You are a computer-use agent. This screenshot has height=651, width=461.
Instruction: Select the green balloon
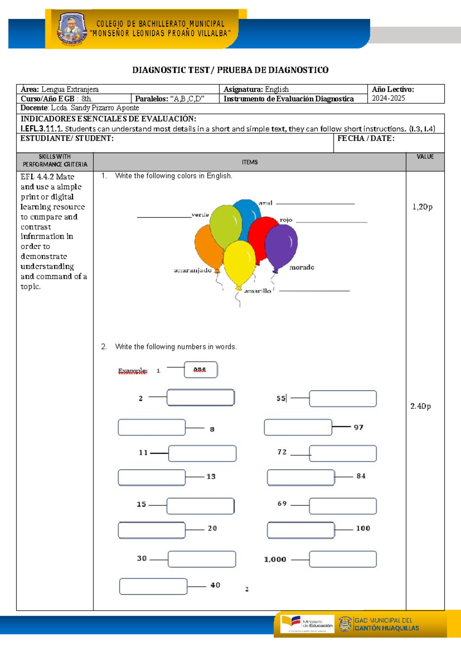226,226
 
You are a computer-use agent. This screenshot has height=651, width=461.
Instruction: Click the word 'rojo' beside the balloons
286,220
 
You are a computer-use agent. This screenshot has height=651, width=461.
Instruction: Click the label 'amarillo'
257,291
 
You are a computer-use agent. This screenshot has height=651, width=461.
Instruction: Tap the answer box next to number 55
343,399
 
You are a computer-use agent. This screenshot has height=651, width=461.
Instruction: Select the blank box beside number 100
301,530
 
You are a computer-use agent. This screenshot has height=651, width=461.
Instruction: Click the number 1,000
275,560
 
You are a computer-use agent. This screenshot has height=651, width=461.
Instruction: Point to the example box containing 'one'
201,370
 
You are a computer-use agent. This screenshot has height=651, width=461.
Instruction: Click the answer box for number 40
153,587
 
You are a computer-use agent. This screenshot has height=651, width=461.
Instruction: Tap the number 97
358,427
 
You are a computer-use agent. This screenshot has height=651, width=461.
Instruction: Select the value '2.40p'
420,406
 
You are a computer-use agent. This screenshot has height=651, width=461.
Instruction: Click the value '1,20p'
422,207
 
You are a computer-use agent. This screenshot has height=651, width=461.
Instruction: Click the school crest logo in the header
72,29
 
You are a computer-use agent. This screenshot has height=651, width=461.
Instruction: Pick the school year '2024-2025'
388,98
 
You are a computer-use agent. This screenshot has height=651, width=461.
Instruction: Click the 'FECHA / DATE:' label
366,139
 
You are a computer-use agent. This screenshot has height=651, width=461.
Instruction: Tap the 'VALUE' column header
425,157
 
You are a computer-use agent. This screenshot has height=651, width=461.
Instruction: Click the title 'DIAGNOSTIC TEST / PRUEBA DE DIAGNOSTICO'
230,70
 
